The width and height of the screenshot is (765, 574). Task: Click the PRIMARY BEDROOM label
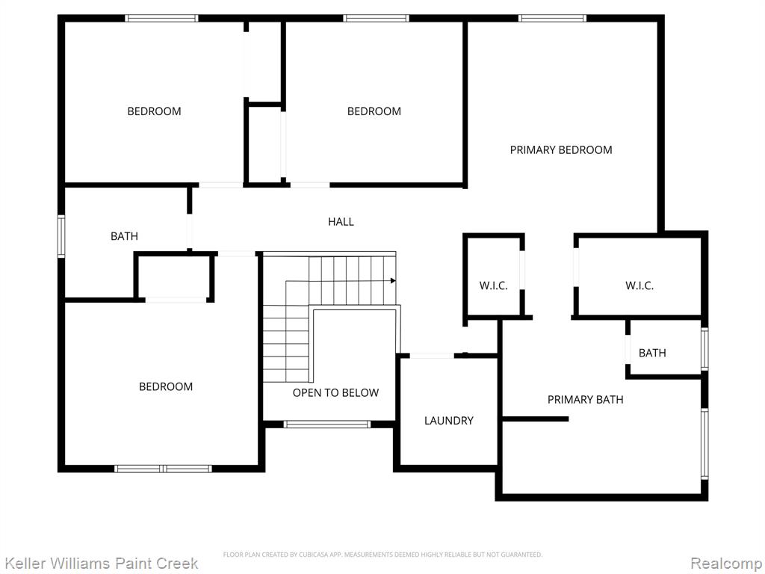[x=561, y=149]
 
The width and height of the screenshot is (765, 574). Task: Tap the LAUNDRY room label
[x=449, y=421]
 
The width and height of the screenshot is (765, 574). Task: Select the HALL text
[x=341, y=221]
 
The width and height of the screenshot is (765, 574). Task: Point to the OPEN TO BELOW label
[x=335, y=393]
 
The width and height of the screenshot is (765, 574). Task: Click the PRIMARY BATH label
[x=586, y=400]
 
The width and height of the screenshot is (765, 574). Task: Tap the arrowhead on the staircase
[x=393, y=281]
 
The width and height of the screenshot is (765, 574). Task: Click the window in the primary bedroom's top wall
[x=552, y=19]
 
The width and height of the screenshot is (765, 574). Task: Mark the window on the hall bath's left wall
[x=61, y=236]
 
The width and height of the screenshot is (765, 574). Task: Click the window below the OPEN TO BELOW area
[x=327, y=425]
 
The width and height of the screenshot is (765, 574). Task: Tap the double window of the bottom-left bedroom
[x=163, y=469]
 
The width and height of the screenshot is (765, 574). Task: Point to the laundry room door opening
[x=432, y=356]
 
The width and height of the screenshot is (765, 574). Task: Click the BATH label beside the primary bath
[x=652, y=353]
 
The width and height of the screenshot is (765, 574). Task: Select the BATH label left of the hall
[x=125, y=236]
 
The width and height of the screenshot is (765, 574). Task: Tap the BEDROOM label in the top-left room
[x=154, y=111]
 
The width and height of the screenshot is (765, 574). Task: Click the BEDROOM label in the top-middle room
[x=374, y=111]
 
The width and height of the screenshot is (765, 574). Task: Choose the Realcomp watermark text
[x=727, y=564]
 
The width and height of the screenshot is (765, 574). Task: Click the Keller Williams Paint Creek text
[x=102, y=564]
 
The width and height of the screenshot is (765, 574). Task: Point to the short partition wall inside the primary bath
[x=535, y=419]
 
